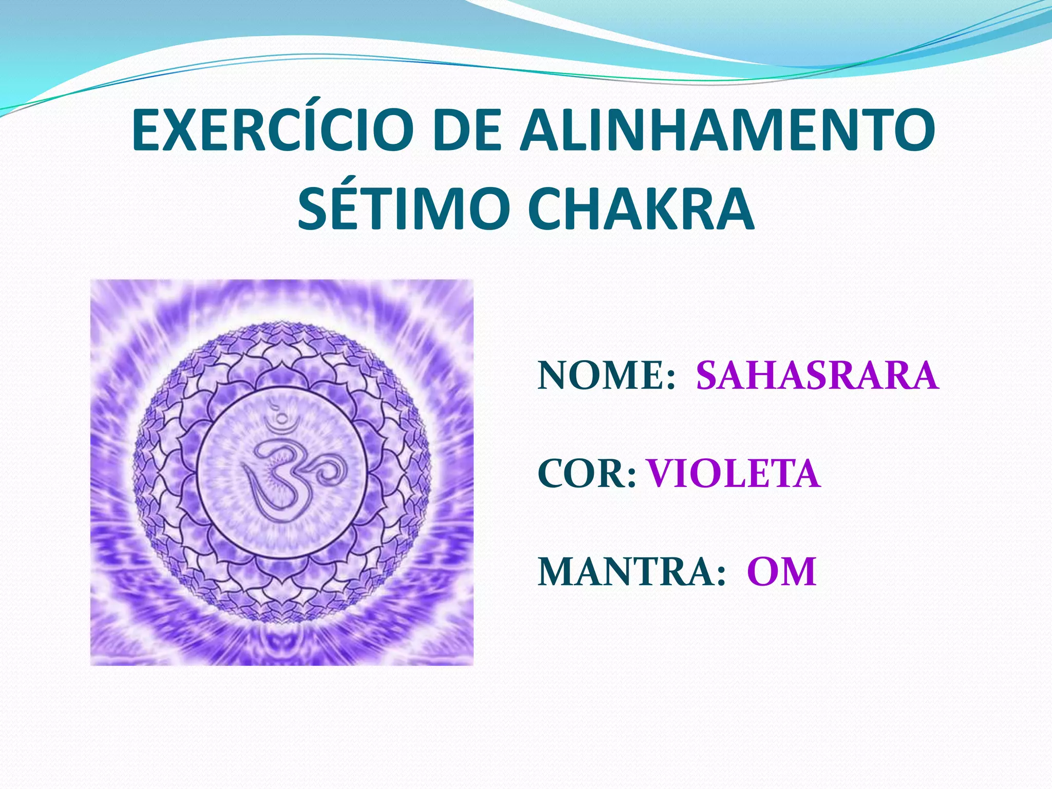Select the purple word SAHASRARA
[817, 375]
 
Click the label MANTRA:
[631, 572]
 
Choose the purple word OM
[781, 572]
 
